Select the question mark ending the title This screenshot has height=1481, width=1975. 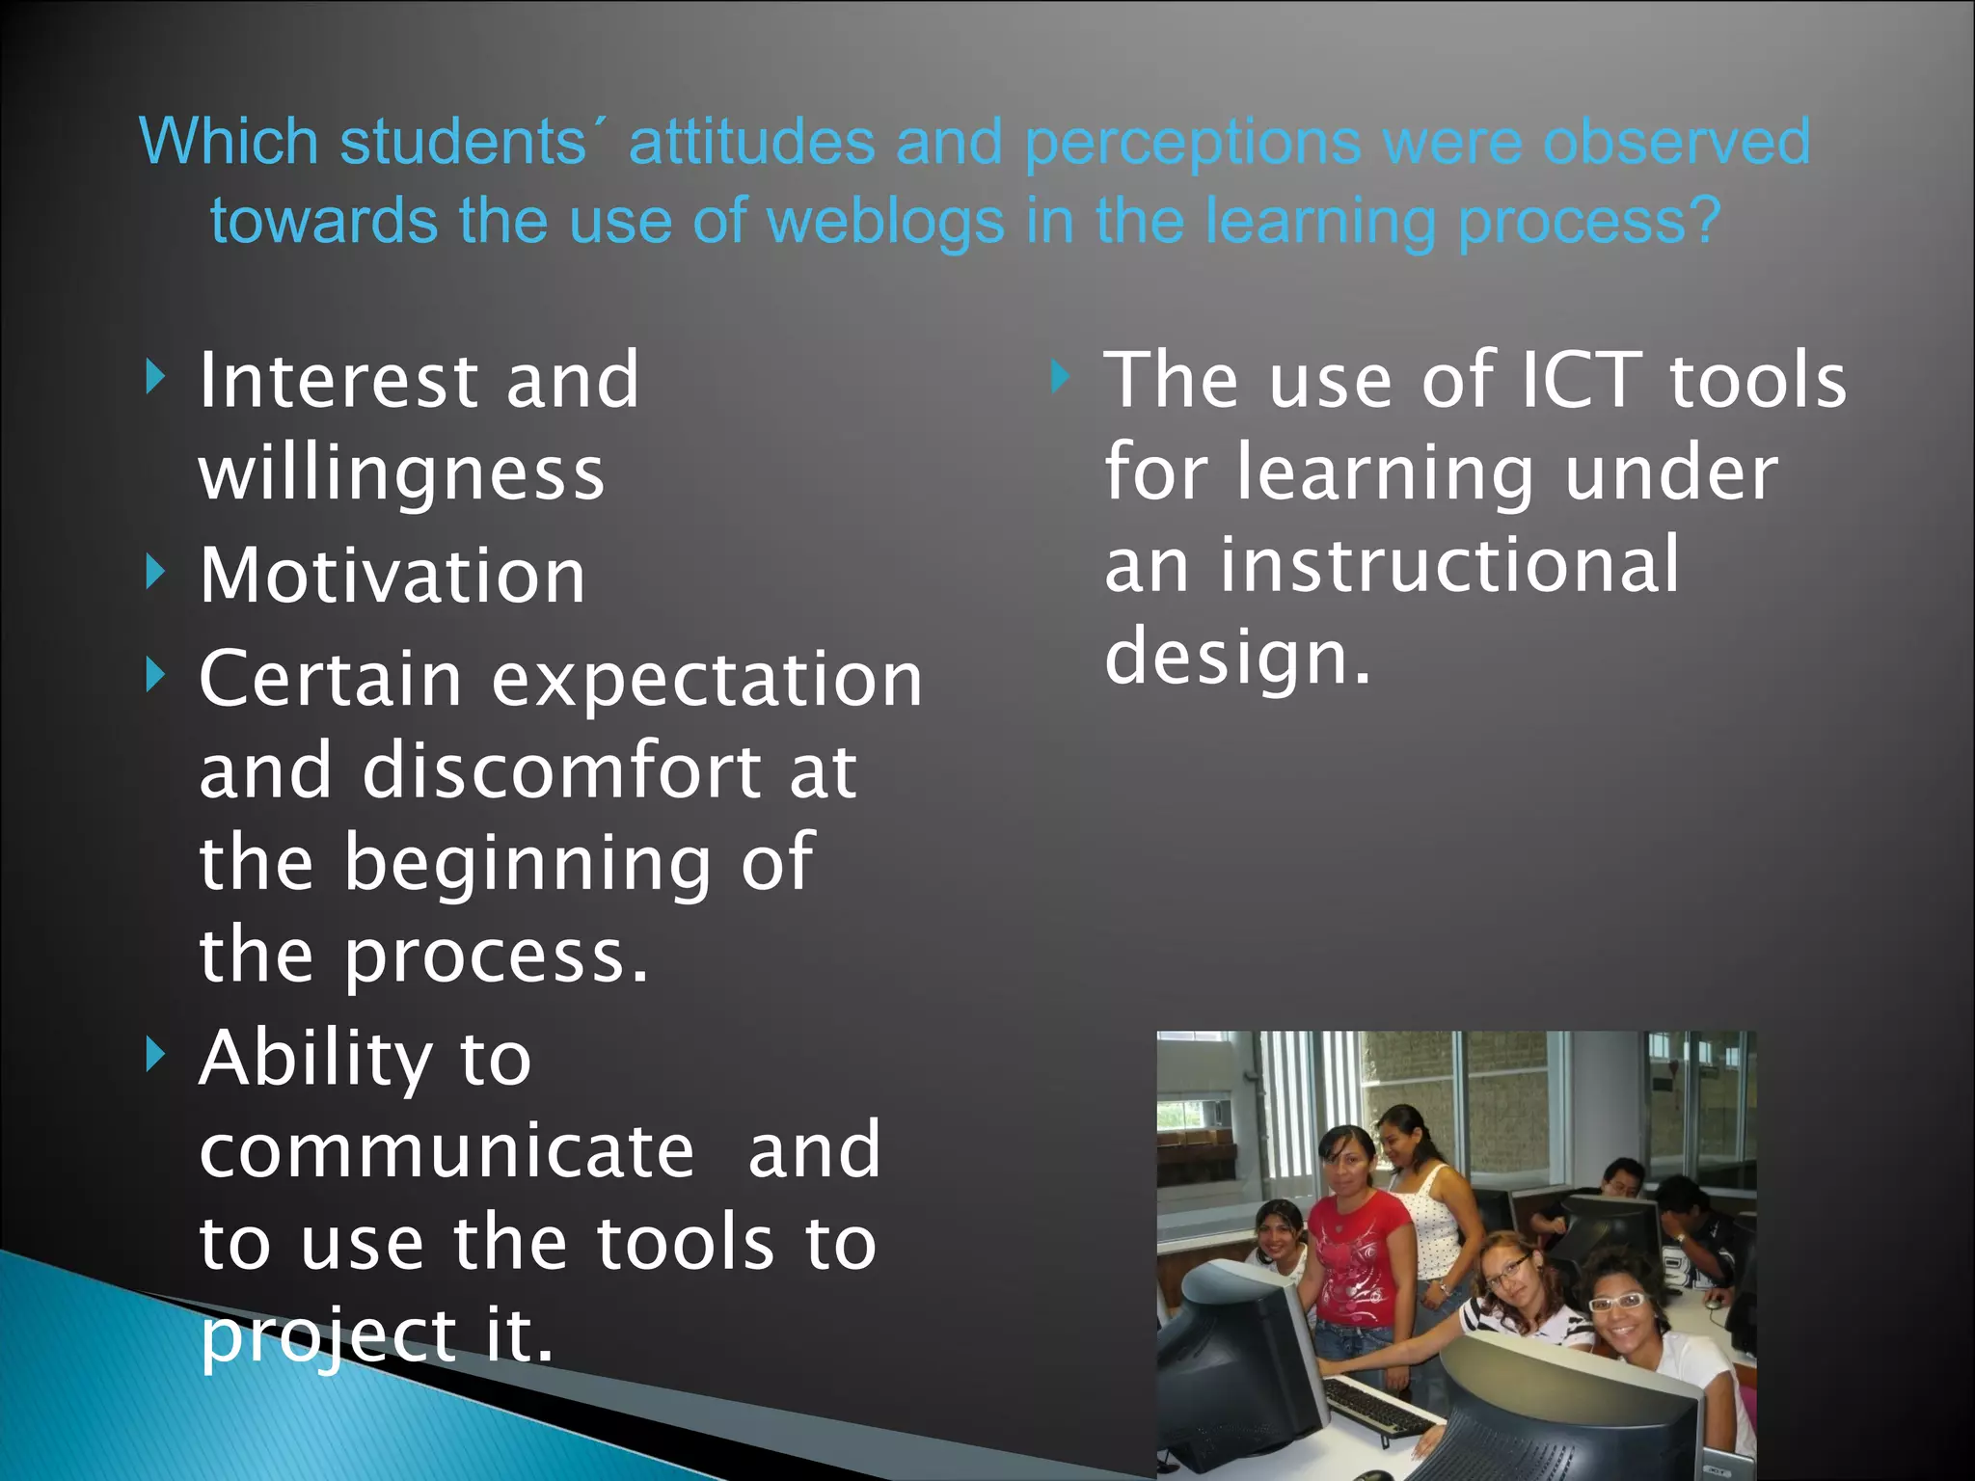(x=1704, y=220)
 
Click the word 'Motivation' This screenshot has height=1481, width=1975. (x=392, y=576)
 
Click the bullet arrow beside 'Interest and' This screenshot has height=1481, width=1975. (x=156, y=377)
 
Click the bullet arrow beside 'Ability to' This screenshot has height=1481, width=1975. (x=156, y=1055)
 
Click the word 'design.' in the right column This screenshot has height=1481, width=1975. (x=1237, y=657)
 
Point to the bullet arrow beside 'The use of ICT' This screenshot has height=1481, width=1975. (x=1061, y=377)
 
